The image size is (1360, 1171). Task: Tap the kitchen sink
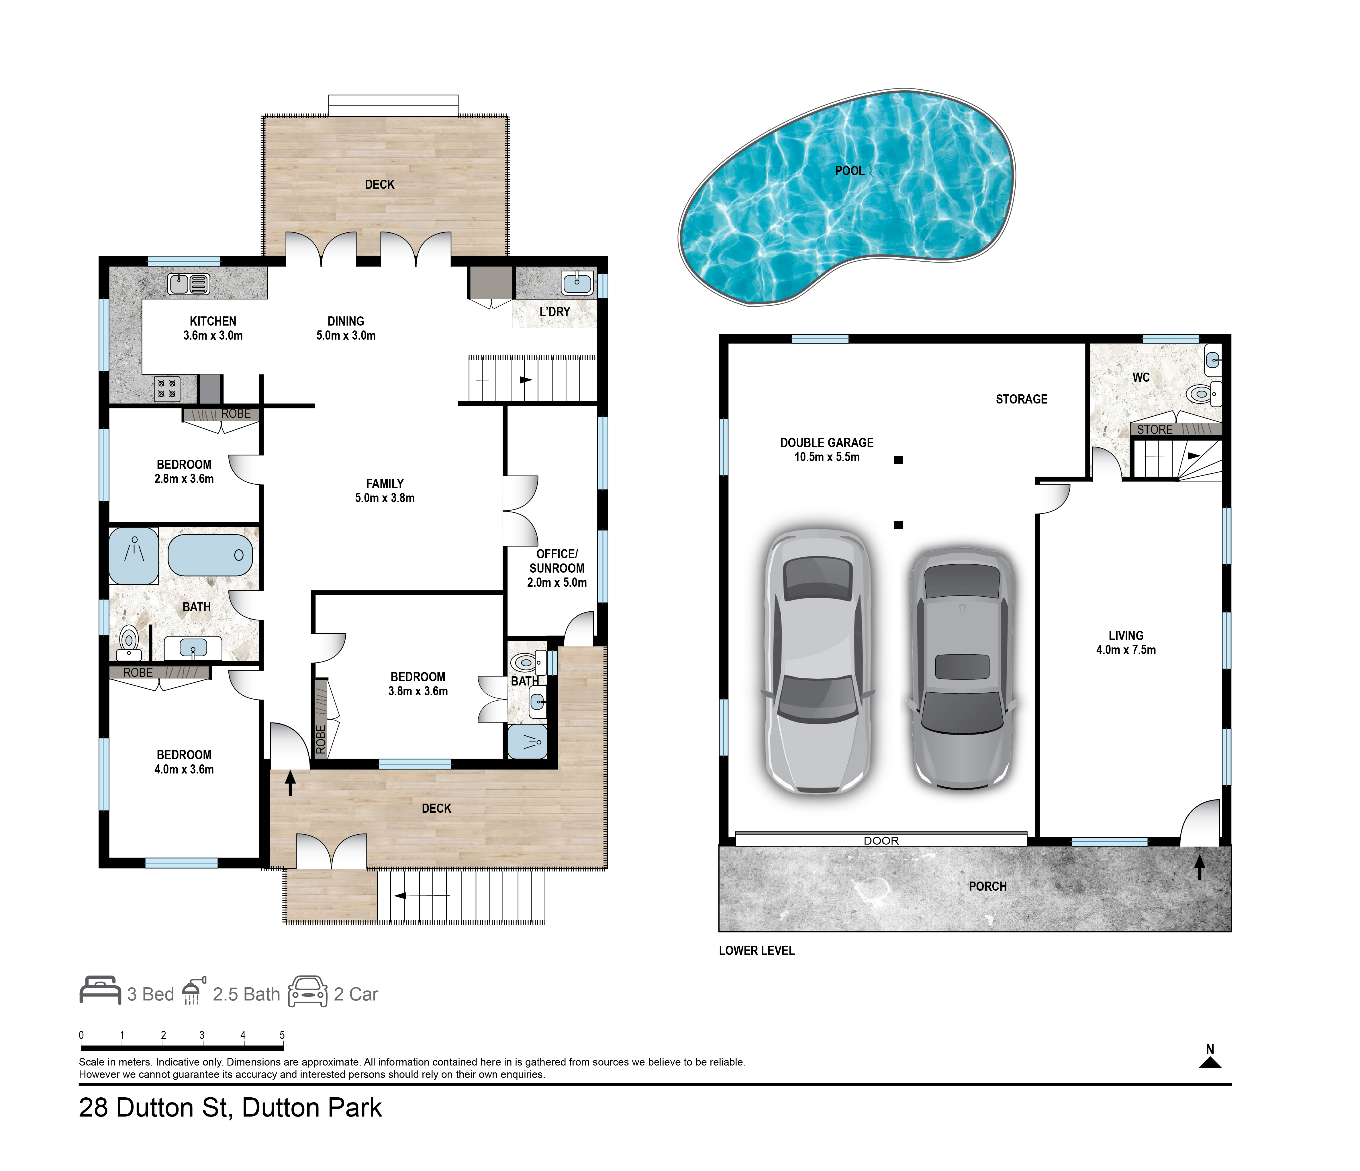click(189, 283)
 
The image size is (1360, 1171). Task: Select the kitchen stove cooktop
click(167, 389)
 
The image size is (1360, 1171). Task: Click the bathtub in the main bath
click(210, 555)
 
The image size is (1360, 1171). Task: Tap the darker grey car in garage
click(962, 669)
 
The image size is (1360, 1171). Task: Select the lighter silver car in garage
click(818, 662)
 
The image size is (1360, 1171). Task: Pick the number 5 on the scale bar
click(282, 1035)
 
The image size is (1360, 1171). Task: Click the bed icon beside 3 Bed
click(100, 990)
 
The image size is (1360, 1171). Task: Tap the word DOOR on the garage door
click(881, 841)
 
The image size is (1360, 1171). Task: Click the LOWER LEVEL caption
click(757, 950)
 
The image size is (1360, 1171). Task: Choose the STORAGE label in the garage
click(1021, 399)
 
